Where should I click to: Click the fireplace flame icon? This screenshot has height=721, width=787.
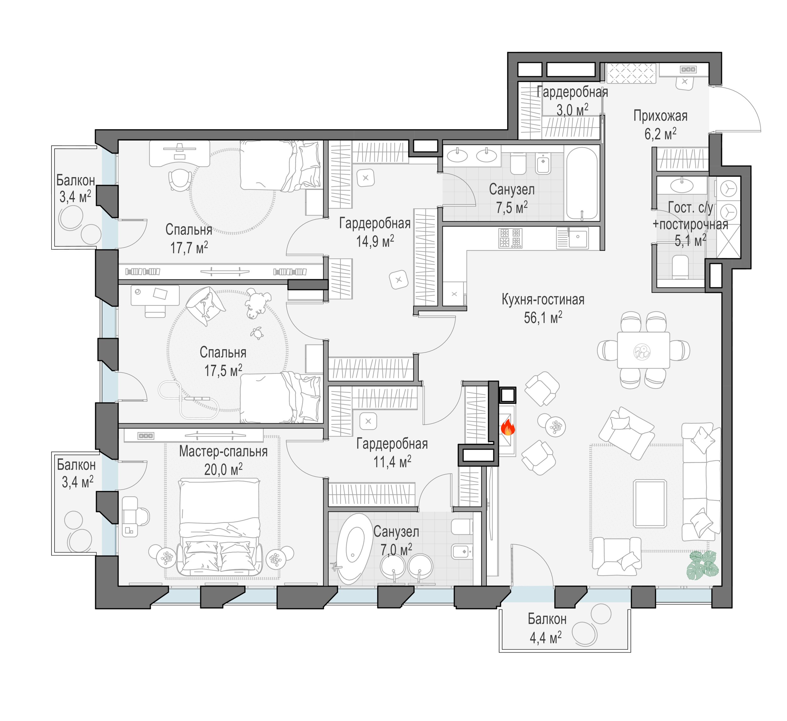(x=507, y=428)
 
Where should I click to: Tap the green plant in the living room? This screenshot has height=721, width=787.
(x=702, y=565)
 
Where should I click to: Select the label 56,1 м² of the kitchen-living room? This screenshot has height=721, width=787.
(x=543, y=318)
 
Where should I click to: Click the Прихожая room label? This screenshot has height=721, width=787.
(x=660, y=116)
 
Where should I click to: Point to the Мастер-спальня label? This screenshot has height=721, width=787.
(x=223, y=451)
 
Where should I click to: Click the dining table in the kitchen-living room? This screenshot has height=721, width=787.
(x=643, y=350)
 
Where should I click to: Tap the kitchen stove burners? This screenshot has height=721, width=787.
(x=510, y=238)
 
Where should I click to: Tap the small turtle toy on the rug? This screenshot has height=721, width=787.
(x=257, y=333)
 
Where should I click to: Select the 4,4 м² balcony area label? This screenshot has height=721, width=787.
(x=545, y=638)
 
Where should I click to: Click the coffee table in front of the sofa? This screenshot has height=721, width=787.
(x=650, y=504)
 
